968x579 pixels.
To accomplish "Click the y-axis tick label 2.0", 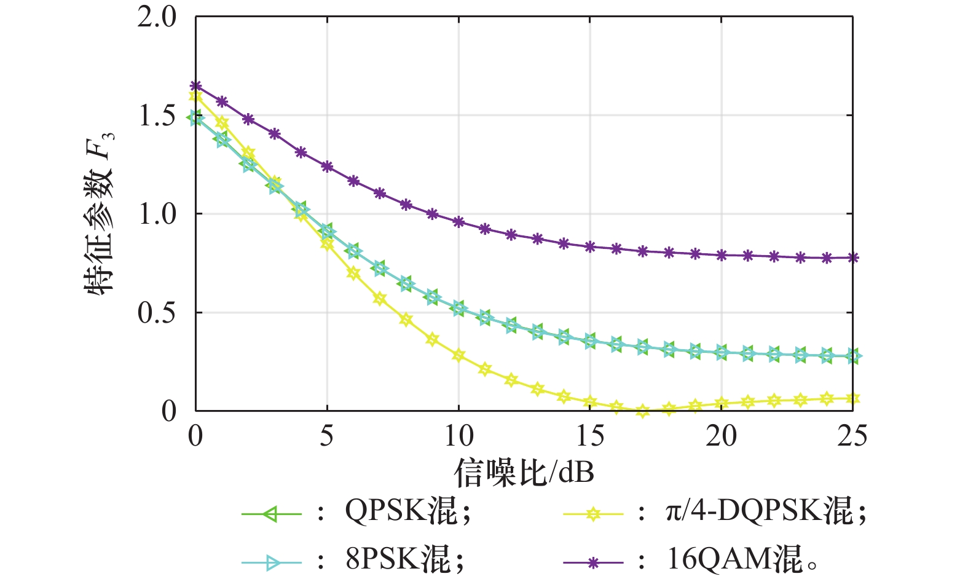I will click(x=157, y=17).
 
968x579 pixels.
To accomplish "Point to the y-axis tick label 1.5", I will click(x=157, y=116).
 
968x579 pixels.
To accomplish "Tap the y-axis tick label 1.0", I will click(x=157, y=214).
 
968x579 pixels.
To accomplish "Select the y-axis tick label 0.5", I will click(x=157, y=312).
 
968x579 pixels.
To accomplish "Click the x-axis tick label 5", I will click(x=326, y=436).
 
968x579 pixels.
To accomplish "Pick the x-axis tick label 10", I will click(x=458, y=436).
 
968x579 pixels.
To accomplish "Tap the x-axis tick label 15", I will click(x=590, y=436).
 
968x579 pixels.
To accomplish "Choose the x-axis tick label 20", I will click(x=721, y=436).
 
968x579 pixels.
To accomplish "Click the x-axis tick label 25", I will click(x=852, y=436).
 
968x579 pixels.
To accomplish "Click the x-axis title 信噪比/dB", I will click(x=524, y=473).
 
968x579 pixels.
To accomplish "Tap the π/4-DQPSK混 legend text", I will click(x=765, y=511).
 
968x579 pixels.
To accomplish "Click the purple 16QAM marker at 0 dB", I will click(x=195, y=85).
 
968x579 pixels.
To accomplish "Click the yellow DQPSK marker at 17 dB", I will click(x=642, y=411).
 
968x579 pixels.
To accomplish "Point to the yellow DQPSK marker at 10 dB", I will click(x=458, y=355).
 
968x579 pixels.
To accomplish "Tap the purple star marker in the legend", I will click(x=592, y=562).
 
